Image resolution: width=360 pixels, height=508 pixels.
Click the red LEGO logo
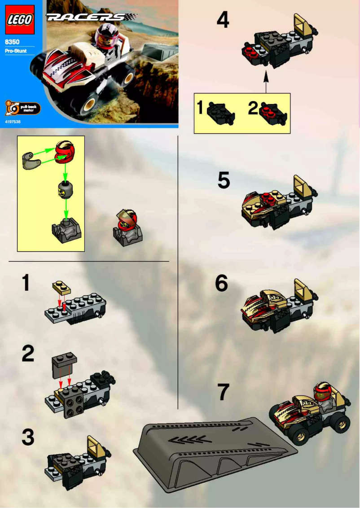[20, 20]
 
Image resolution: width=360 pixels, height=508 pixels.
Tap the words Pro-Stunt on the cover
[16, 51]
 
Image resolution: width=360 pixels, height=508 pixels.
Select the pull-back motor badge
[22, 108]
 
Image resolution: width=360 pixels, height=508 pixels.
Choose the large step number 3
[28, 437]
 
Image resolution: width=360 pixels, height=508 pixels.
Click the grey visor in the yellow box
[30, 160]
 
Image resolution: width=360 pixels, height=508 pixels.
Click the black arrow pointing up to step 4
[266, 81]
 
